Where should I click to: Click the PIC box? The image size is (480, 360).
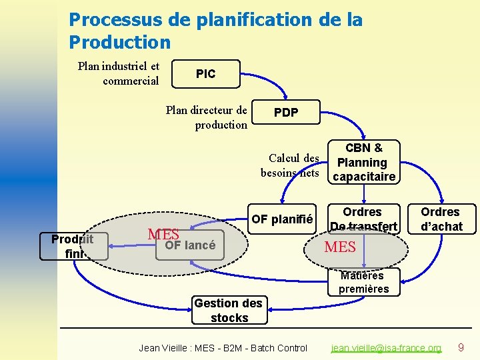(x=205, y=74)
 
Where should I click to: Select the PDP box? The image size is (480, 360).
(x=286, y=113)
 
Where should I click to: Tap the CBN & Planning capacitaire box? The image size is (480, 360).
(x=363, y=162)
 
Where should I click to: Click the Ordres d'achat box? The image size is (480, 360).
(x=440, y=219)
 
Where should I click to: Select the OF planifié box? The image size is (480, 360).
(x=281, y=219)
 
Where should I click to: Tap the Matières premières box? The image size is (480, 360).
(x=363, y=282)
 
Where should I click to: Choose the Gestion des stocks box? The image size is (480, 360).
(x=229, y=311)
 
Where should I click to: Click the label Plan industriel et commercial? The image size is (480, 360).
(x=119, y=73)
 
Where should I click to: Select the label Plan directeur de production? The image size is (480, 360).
(x=207, y=117)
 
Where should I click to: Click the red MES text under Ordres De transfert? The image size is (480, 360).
(x=340, y=247)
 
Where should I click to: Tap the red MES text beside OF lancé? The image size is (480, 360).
(x=163, y=234)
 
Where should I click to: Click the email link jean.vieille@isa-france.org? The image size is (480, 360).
(x=387, y=348)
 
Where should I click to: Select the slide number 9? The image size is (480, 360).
(x=460, y=347)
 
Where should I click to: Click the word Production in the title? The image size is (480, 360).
(x=120, y=42)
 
